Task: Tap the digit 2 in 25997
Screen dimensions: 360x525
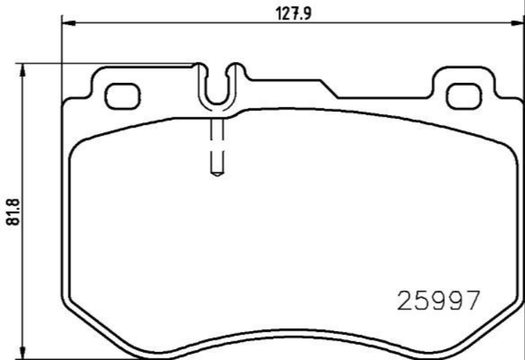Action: coord(406,300)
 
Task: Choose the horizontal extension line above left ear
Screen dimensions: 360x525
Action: coord(108,63)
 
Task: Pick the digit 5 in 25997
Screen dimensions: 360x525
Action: coord(422,300)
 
